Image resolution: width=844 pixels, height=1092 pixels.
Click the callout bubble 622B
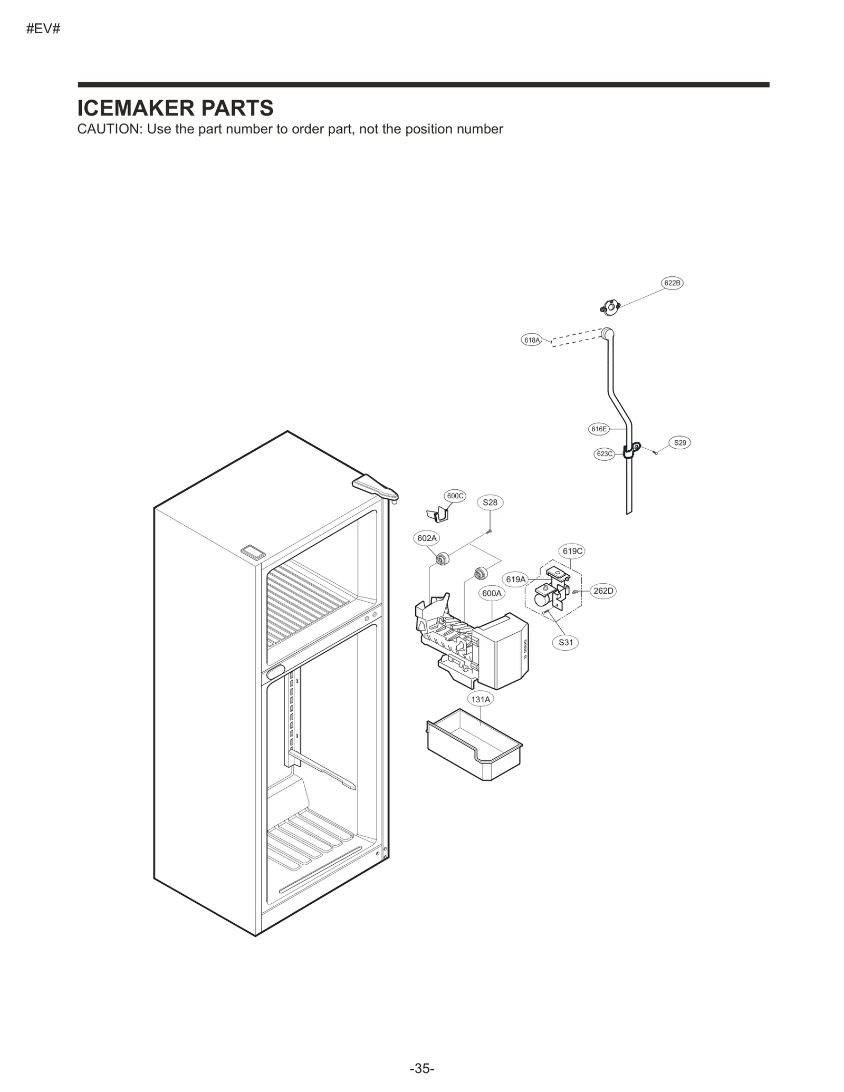pyautogui.click(x=672, y=283)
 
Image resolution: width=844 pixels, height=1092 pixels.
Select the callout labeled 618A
pyautogui.click(x=532, y=340)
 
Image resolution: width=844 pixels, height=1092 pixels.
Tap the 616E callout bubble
pyautogui.click(x=599, y=429)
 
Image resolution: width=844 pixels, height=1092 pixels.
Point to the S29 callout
pyautogui.click(x=680, y=443)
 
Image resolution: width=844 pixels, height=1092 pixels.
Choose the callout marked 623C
pyautogui.click(x=604, y=454)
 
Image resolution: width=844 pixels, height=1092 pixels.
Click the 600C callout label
pyautogui.click(x=455, y=496)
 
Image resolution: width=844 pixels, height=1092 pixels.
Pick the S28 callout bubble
pyautogui.click(x=490, y=502)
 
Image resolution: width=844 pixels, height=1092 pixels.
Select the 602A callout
pyautogui.click(x=427, y=538)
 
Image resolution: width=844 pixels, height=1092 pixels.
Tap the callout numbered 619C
pyautogui.click(x=572, y=552)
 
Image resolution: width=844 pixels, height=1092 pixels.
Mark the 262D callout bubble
pyautogui.click(x=603, y=591)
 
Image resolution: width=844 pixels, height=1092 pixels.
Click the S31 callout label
pyautogui.click(x=565, y=642)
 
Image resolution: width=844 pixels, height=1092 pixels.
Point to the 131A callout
pyautogui.click(x=481, y=700)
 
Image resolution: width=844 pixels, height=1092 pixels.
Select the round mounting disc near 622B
pyautogui.click(x=610, y=307)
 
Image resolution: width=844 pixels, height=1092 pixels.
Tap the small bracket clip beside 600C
pyautogui.click(x=437, y=515)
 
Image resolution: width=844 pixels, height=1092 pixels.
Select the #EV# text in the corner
pyautogui.click(x=43, y=29)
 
